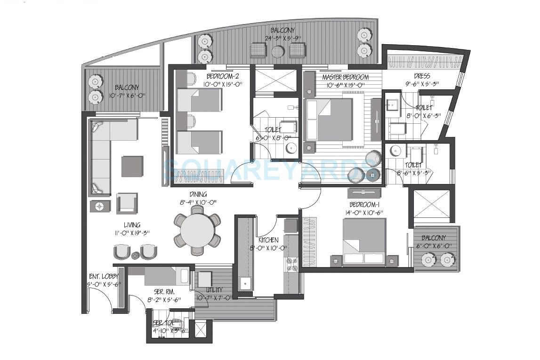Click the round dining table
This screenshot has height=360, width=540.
198,230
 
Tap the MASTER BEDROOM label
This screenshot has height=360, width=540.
345,77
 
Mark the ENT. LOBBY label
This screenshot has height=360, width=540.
104,276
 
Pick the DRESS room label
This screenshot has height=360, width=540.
422,76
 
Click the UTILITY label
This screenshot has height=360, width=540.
214,290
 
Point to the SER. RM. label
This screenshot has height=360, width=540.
163,292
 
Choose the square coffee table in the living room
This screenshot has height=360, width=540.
132,166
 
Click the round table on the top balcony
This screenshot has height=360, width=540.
278,51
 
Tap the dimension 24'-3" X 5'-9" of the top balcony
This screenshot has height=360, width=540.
283,39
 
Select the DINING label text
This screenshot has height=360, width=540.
198,194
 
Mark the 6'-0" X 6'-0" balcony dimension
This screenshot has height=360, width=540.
436,246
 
